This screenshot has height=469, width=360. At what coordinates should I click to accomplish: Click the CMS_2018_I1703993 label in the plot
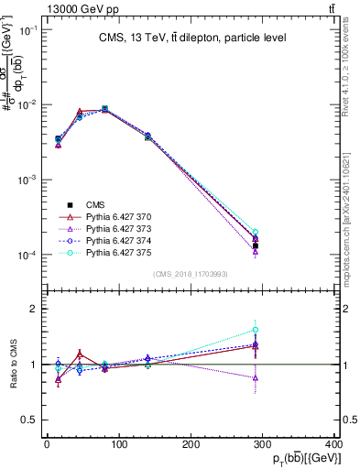point(191,275)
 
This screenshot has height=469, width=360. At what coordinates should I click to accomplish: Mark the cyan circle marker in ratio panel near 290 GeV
point(256,330)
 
